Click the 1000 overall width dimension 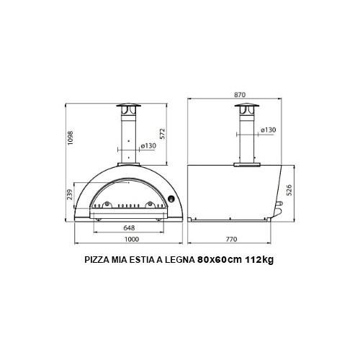click(130, 239)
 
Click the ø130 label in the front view click(149, 145)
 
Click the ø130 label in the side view click(268, 130)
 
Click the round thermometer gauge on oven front click(171, 199)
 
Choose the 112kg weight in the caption click(259, 262)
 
